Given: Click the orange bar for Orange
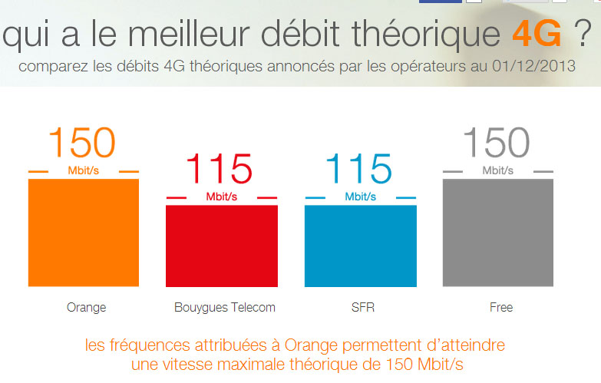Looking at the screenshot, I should pyautogui.click(x=84, y=233).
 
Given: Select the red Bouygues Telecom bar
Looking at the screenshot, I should pyautogui.click(x=222, y=246).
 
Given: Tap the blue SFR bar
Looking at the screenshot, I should pyautogui.click(x=360, y=246).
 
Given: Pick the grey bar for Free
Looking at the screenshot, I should pyautogui.click(x=498, y=233).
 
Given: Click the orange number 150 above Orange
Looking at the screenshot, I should pyautogui.click(x=82, y=144).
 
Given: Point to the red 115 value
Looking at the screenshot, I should pyautogui.click(x=220, y=170).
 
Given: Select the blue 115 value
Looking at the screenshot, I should pyautogui.click(x=359, y=170).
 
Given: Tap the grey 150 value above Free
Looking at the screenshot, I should pyautogui.click(x=497, y=144).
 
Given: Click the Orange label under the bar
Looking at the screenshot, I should pyautogui.click(x=86, y=308).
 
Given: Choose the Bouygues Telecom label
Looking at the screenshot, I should pyautogui.click(x=225, y=308).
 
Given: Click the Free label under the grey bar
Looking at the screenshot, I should pyautogui.click(x=500, y=308).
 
